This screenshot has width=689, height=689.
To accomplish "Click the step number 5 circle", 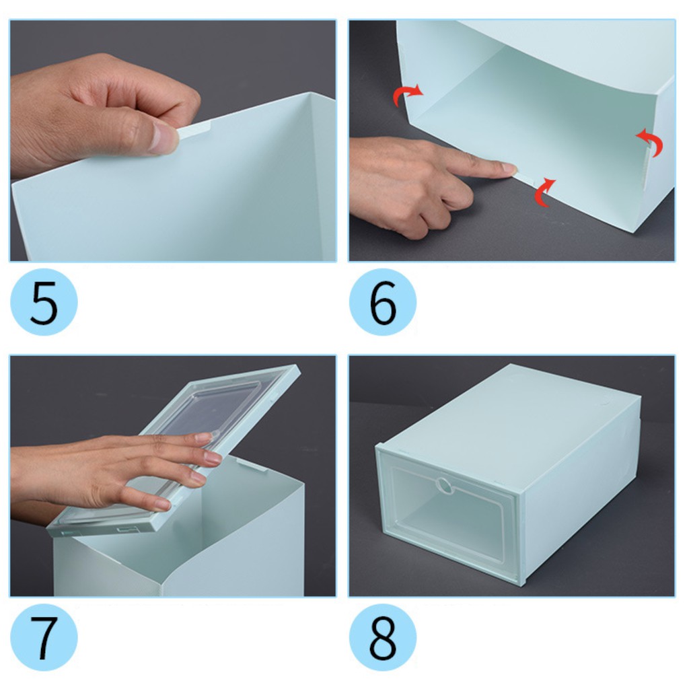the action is coord(44,302).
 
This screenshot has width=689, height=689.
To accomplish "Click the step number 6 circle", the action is coord(383,302).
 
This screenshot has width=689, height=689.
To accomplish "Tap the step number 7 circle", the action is coord(44,637).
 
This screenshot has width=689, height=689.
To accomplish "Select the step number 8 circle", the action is coord(383,637).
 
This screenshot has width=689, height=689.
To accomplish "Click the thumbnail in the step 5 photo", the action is coord(164,139).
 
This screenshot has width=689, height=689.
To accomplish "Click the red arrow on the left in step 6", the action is coord(407,94).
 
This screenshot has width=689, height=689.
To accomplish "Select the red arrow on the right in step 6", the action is coord(651,141).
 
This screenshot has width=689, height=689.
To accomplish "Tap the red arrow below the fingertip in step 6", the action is coord(544,192).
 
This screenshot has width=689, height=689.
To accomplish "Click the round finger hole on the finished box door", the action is coord(445,486).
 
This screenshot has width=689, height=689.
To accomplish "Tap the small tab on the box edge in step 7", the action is coord(252,464).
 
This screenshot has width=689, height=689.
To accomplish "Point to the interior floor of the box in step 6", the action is coord(528,127).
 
